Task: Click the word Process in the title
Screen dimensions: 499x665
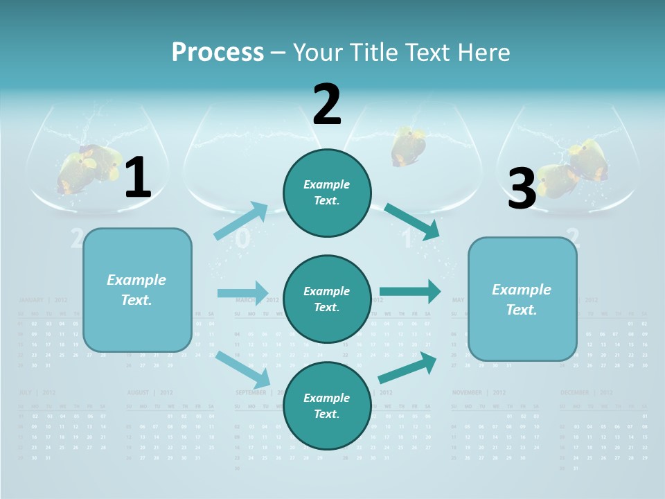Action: (218, 52)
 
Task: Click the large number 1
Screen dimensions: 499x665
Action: (138, 178)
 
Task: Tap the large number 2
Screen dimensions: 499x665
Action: (327, 105)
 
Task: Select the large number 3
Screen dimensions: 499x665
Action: (522, 189)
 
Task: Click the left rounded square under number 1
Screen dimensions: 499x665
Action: (137, 290)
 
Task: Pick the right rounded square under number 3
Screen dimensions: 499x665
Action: (522, 299)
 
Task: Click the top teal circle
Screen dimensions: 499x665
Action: (327, 192)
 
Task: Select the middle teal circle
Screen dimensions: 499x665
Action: (327, 299)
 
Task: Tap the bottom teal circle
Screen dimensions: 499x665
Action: (327, 405)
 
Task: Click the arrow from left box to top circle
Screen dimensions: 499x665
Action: (242, 221)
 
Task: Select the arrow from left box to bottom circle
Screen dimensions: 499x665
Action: (243, 370)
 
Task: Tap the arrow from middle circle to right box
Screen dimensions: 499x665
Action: (410, 292)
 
